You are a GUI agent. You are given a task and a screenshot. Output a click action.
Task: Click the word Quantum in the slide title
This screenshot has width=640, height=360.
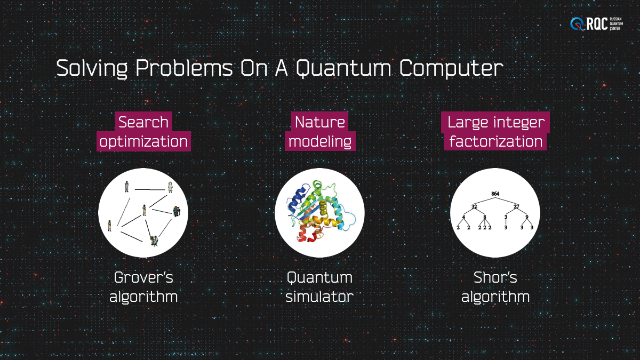pyautogui.click(x=343, y=69)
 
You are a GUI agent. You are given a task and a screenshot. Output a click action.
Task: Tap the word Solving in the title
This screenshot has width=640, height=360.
pyautogui.click(x=92, y=69)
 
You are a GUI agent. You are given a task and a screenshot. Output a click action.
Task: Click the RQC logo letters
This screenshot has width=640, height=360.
pyautogui.click(x=597, y=23)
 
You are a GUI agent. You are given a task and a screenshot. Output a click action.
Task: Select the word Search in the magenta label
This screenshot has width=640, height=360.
pyautogui.click(x=143, y=122)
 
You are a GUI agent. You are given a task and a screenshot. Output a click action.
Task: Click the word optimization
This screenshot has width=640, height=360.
pyautogui.click(x=143, y=142)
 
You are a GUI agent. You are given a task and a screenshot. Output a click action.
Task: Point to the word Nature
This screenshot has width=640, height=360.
pyautogui.click(x=319, y=122)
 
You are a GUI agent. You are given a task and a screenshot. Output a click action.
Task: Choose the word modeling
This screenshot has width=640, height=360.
pyautogui.click(x=320, y=142)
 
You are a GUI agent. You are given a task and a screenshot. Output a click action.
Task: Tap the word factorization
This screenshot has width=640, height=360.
pyautogui.click(x=495, y=141)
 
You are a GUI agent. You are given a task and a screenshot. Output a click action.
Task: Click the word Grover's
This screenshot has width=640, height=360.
pyautogui.click(x=143, y=277)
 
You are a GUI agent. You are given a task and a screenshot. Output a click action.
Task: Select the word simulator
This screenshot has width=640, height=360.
pyautogui.click(x=319, y=297)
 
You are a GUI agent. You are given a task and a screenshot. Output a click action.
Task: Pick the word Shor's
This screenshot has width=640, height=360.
pyautogui.click(x=495, y=277)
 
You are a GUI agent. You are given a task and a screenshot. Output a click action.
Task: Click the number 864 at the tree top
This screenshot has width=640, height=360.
pyautogui.click(x=495, y=194)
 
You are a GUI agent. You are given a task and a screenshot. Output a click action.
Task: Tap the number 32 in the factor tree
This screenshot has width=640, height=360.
pyautogui.click(x=474, y=206)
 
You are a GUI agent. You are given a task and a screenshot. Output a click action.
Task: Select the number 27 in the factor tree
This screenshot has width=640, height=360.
pyautogui.click(x=516, y=206)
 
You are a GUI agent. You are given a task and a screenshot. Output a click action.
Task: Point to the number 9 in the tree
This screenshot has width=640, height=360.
pyautogui.click(x=527, y=217)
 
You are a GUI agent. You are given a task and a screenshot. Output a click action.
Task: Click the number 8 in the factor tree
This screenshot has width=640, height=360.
pyautogui.click(x=485, y=217)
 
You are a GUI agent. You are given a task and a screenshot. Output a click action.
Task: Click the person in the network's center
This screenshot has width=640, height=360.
pyautogui.click(x=145, y=210)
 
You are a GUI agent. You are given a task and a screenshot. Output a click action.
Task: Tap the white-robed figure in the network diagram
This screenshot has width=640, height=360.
pyautogui.click(x=170, y=187)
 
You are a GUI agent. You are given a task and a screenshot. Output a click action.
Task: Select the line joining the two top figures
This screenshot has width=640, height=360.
pyautogui.click(x=150, y=189)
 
